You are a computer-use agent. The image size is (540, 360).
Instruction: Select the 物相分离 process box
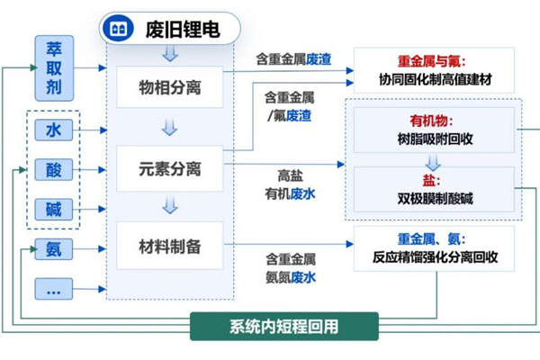(x=169, y=89)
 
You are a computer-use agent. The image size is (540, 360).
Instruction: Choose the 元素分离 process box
(x=169, y=169)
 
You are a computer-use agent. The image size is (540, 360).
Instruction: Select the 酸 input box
(x=53, y=170)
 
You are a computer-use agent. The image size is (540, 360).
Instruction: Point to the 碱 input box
(x=53, y=210)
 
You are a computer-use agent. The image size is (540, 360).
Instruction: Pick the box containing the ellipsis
(x=53, y=290)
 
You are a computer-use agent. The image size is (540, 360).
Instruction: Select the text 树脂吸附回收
(x=434, y=139)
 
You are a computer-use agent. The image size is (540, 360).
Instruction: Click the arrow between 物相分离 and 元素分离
(x=169, y=129)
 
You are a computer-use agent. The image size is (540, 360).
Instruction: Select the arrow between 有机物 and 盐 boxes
(x=434, y=164)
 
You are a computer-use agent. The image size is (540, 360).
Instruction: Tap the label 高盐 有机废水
(x=290, y=184)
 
